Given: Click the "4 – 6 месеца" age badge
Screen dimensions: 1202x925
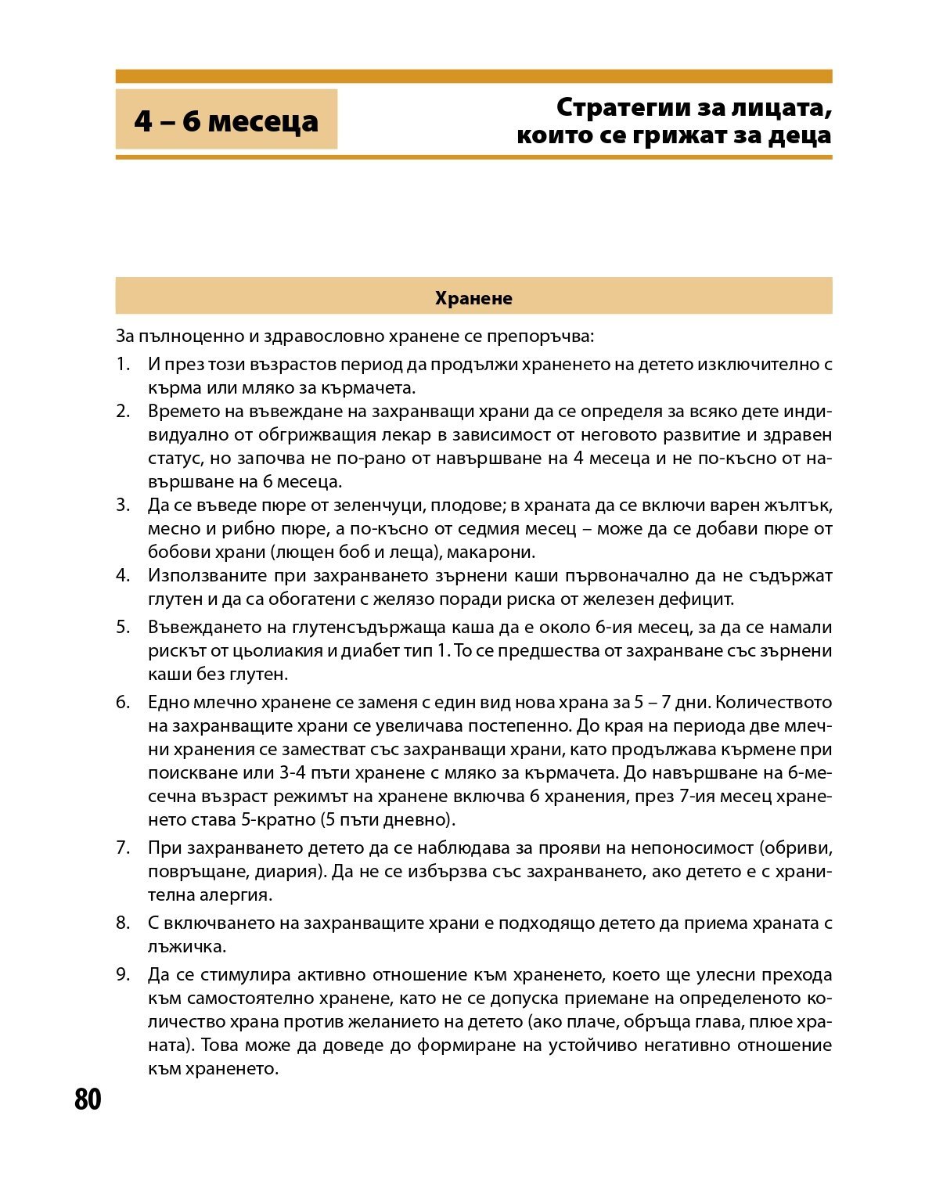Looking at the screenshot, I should pyautogui.click(x=226, y=121).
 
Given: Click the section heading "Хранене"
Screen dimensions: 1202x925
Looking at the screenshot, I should pyautogui.click(x=473, y=297).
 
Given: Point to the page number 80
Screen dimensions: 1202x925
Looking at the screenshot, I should pyautogui.click(x=88, y=1099).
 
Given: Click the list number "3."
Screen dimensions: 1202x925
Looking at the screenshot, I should pyautogui.click(x=123, y=505).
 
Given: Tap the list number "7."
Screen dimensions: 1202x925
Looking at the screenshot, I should pyautogui.click(x=123, y=848).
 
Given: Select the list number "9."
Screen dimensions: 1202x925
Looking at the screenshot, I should pyautogui.click(x=123, y=975).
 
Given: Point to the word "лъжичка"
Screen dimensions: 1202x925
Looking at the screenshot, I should pyautogui.click(x=186, y=947).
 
